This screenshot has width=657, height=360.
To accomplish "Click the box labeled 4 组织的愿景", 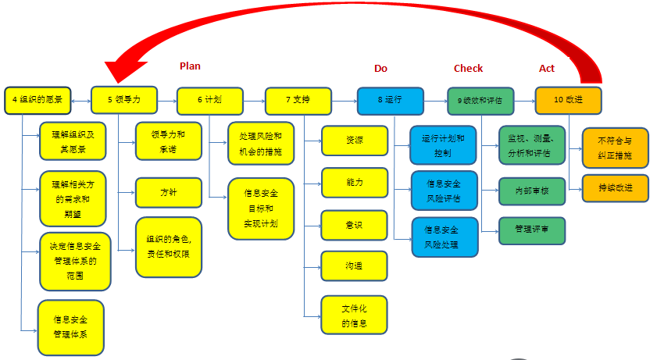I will [38, 100].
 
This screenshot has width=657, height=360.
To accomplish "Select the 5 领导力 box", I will [124, 100].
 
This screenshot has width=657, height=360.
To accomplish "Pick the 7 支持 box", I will [298, 100].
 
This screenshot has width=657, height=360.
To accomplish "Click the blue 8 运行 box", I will [390, 100].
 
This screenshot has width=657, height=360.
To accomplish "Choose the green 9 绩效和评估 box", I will [480, 100].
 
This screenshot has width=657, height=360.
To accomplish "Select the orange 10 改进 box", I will [568, 100].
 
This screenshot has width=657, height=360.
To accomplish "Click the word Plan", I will [190, 67].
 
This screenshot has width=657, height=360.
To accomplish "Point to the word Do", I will [380, 69].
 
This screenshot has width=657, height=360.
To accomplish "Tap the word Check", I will [468, 69].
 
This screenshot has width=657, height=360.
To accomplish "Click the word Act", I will [547, 69].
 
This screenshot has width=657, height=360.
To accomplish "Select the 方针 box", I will [169, 192].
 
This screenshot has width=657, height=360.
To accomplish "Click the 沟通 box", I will [354, 266].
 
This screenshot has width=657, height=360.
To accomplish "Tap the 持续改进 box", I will [615, 188].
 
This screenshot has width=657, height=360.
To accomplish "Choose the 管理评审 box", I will [532, 230].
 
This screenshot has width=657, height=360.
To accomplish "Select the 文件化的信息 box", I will [354, 315].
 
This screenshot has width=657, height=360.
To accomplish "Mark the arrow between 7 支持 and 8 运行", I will [344, 100].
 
